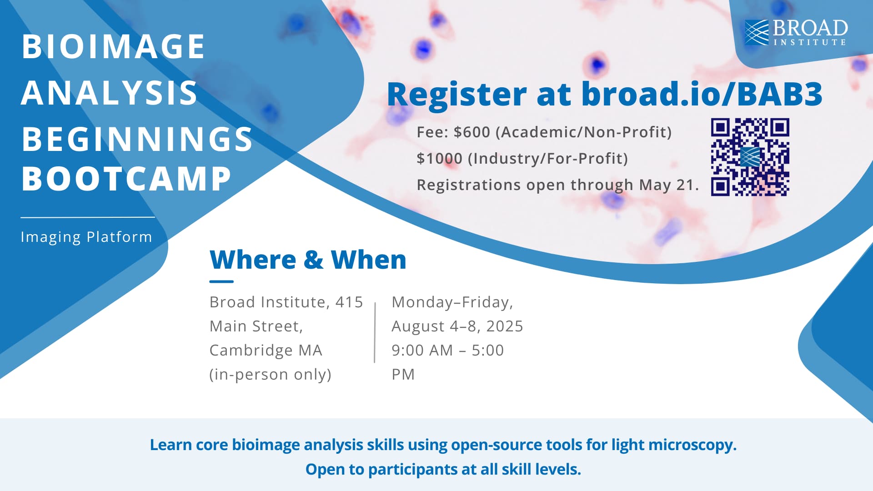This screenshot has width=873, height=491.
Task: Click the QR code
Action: point(750,157)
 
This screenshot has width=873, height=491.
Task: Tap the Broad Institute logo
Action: point(796,33)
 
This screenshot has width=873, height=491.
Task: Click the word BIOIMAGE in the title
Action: point(113,46)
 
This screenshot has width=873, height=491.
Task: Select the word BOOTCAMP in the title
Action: point(126,179)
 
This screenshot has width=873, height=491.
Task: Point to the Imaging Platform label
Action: point(86,237)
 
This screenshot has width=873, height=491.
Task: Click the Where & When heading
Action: point(308,260)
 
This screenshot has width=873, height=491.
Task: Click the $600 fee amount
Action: point(472,132)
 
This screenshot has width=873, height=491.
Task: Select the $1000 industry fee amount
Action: point(439,159)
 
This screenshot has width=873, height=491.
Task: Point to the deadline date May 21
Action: point(667,185)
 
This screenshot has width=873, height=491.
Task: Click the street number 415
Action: point(349,302)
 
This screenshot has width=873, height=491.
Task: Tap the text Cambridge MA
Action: point(266,351)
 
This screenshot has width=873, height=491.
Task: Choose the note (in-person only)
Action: point(270,375)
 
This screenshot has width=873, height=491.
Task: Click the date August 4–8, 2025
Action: point(457,326)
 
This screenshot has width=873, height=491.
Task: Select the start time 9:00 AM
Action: point(422,351)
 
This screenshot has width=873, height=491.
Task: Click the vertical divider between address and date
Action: point(375,332)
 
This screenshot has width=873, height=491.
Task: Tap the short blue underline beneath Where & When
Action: point(221,281)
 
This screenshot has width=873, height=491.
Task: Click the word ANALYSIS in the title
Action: point(109,93)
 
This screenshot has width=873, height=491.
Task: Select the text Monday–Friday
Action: point(452,302)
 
